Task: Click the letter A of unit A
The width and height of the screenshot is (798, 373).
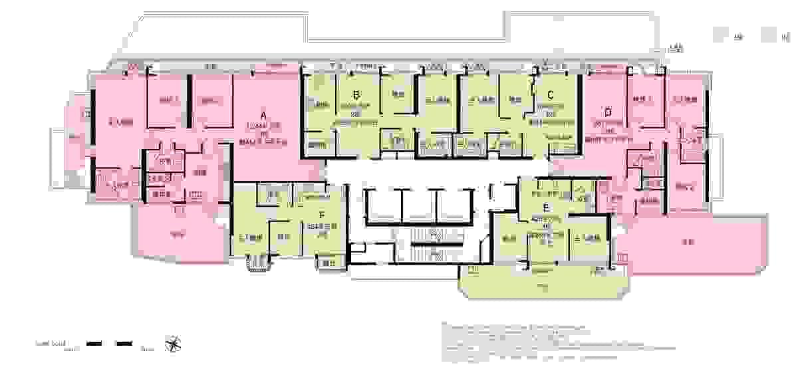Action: (x=263, y=115)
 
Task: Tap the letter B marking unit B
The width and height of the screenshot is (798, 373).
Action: (x=356, y=94)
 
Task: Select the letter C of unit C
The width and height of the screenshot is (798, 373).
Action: (x=551, y=94)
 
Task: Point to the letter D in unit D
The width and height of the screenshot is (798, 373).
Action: (x=607, y=110)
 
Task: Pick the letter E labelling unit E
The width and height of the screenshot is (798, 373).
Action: (x=546, y=206)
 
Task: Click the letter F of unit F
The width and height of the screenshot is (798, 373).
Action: (x=322, y=215)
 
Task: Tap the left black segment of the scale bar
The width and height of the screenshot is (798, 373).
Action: (x=94, y=344)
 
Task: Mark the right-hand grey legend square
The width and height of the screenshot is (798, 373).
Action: (x=771, y=36)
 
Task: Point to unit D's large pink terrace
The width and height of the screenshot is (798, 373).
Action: (x=692, y=243)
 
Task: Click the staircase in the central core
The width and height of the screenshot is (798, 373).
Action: (x=429, y=246)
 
